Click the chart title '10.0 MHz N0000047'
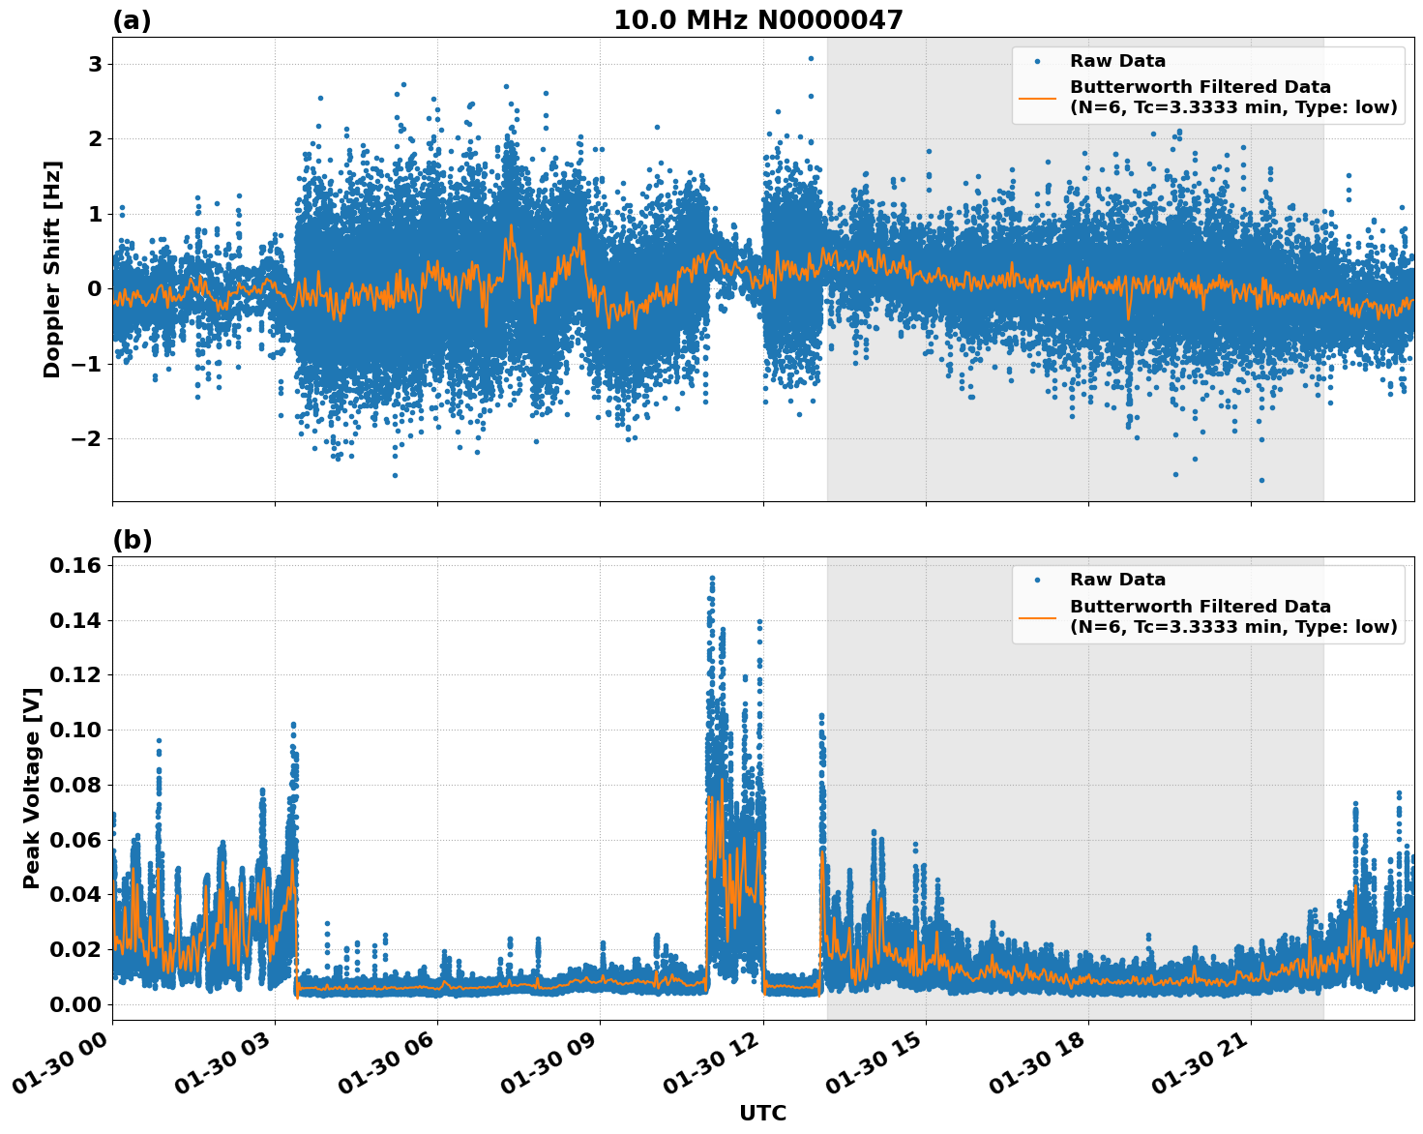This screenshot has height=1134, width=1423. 757,20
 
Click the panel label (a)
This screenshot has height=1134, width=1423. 132,20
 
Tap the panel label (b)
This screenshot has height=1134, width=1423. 132,540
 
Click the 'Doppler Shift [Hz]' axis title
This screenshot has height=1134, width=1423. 52,269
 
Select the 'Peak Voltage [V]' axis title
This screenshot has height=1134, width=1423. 32,789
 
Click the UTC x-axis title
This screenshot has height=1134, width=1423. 762,1113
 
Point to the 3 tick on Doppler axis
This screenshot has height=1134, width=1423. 95,64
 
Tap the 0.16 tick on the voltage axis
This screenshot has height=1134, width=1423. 77,565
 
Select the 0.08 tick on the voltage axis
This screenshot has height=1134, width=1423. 77,785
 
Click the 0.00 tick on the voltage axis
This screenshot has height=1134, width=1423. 77,1004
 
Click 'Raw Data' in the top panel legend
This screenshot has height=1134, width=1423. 1117,61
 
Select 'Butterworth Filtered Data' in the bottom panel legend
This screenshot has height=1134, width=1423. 1200,607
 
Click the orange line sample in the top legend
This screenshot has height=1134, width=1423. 1037,97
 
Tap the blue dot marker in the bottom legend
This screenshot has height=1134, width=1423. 1037,580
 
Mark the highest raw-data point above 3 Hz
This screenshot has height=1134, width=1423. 811,58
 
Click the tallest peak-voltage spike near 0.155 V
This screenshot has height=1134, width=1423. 712,578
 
